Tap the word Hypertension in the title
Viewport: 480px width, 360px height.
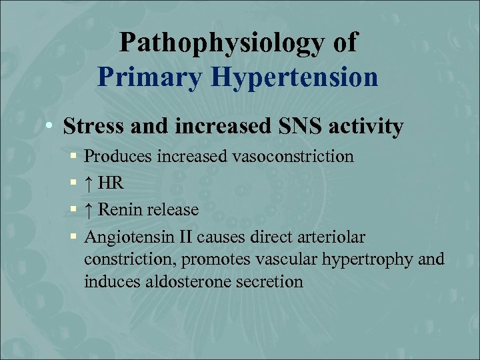[x=295, y=77]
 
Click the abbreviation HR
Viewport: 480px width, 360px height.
[x=112, y=183]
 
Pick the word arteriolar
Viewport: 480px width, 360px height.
[x=334, y=237]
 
